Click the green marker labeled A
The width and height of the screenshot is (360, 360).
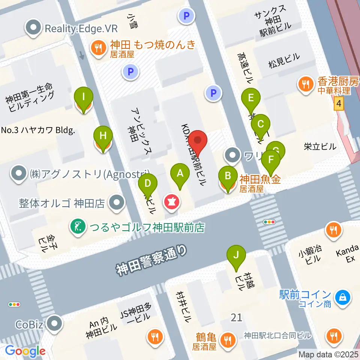[180, 173]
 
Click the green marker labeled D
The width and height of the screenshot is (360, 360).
[148, 183]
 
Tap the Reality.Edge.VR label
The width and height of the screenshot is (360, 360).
[81, 28]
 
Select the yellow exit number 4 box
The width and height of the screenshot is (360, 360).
[339, 103]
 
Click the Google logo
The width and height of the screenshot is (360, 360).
[25, 351]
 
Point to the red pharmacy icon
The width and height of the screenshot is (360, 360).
[172, 202]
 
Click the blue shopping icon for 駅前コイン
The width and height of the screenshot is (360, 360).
[342, 297]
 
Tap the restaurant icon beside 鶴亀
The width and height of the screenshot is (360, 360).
[227, 340]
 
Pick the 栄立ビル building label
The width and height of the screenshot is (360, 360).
[320, 147]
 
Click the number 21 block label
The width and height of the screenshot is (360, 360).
[236, 318]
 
